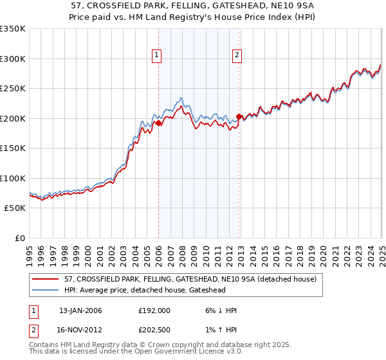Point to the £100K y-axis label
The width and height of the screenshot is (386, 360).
pyautogui.click(x=13, y=178)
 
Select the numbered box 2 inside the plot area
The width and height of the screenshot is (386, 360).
pyautogui.click(x=237, y=56)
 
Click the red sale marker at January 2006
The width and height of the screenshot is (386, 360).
pyautogui.click(x=159, y=122)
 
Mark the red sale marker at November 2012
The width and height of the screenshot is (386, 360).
pyautogui.click(x=239, y=116)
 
